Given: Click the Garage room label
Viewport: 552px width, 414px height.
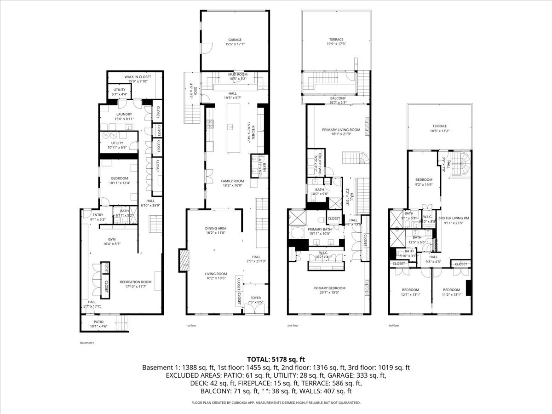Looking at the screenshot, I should [x=235, y=40].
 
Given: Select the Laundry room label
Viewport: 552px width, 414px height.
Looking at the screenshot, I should [x=124, y=115].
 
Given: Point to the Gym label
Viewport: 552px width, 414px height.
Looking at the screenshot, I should [x=112, y=240].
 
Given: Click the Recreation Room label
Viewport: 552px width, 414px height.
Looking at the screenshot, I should [x=136, y=282].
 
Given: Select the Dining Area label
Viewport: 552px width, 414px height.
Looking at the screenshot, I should [x=215, y=229].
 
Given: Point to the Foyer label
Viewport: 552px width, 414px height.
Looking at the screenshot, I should [x=255, y=298].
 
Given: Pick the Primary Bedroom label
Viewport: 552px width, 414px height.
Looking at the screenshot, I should [x=329, y=288].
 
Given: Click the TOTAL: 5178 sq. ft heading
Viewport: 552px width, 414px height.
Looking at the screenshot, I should [x=276, y=359].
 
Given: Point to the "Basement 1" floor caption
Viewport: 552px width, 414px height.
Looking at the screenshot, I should [x=86, y=343].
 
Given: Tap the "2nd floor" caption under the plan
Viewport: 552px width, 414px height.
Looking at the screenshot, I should [x=293, y=325].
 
